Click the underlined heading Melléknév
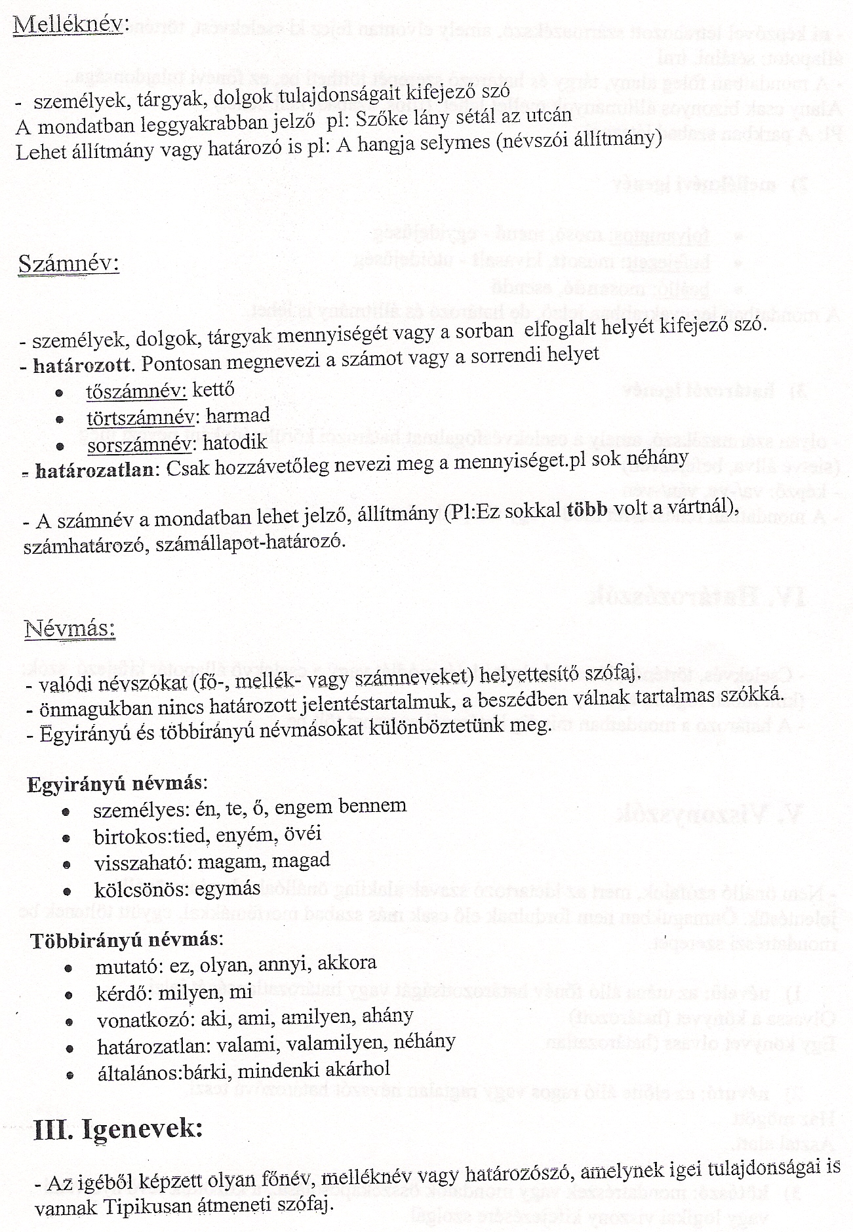tap(68, 25)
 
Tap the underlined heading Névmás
tap(69, 628)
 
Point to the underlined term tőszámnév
tap(136, 391)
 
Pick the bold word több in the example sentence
tap(587, 512)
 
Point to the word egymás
tap(231, 889)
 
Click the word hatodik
tap(235, 442)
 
